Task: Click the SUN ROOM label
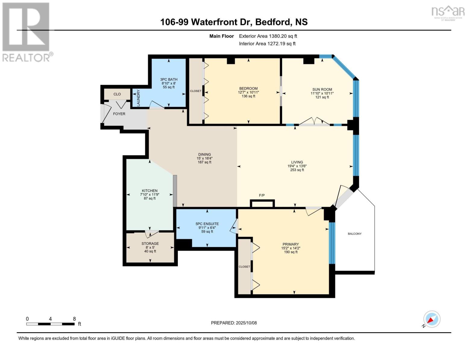pos(322,89)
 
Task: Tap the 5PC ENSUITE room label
pos(207,224)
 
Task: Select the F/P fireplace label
pos(262,195)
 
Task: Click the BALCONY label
pos(354,234)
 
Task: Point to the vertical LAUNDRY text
pos(139,98)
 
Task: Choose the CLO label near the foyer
pos(117,94)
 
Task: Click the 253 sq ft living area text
pos(297,170)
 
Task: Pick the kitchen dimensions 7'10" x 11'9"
pos(150,195)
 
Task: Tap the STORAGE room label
pos(150,243)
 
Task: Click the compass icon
pos(432,319)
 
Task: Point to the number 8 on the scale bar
pos(74,319)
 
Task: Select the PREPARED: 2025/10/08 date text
pos(234,323)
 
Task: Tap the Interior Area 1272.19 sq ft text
pos(267,43)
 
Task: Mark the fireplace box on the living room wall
pos(262,204)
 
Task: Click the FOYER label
pos(119,114)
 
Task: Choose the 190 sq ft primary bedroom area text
pos(291,252)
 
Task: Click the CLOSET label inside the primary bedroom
pos(244,267)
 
